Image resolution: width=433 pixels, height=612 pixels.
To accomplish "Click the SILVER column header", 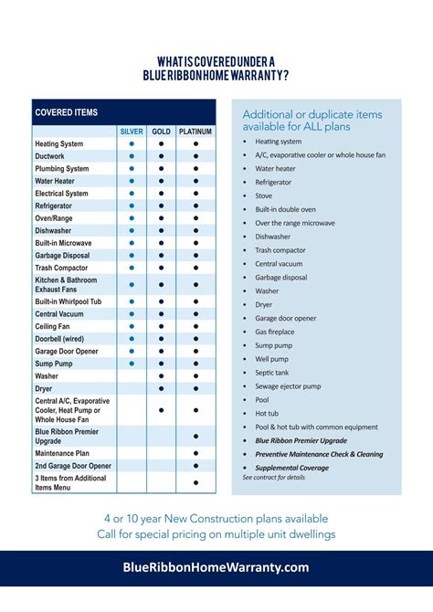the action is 132,132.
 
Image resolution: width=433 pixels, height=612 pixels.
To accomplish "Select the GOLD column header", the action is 161,132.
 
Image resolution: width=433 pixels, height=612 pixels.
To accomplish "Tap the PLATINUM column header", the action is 195,132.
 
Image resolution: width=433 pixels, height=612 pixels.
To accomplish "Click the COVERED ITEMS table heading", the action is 66,112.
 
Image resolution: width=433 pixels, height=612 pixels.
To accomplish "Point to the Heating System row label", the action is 58,144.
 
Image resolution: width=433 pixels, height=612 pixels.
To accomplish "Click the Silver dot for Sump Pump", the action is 132,364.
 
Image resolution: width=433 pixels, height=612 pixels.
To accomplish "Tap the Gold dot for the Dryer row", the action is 161,388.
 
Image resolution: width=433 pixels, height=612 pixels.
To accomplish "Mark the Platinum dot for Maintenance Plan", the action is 195,453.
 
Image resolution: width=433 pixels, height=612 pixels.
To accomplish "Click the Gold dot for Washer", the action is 161,375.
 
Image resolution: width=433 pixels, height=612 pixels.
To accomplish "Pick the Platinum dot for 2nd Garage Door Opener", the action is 195,466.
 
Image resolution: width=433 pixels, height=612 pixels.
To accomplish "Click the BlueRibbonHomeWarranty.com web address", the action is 216,567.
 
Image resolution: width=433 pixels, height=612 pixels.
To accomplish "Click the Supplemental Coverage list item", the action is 291,468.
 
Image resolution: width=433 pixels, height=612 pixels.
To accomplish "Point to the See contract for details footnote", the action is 274,478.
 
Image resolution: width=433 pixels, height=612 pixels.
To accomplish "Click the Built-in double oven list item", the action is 286,209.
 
